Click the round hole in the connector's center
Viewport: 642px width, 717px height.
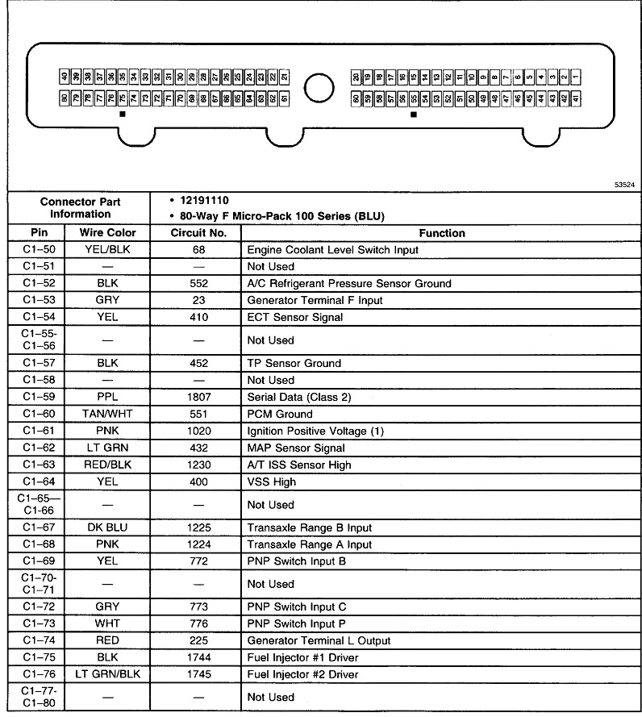[x=319, y=87]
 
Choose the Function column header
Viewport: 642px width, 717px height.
[x=442, y=233]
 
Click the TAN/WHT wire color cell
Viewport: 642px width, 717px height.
[x=107, y=414]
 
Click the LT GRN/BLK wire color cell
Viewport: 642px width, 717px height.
[x=107, y=674]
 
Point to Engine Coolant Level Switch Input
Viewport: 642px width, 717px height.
[x=332, y=250]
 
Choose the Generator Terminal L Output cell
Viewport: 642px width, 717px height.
[x=319, y=640]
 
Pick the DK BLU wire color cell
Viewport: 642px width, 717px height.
[x=107, y=527]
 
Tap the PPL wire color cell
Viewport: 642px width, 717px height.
[x=107, y=397]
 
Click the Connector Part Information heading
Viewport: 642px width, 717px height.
[x=80, y=207]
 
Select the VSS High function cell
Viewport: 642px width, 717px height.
[x=272, y=481]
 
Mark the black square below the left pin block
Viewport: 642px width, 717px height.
[x=123, y=115]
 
